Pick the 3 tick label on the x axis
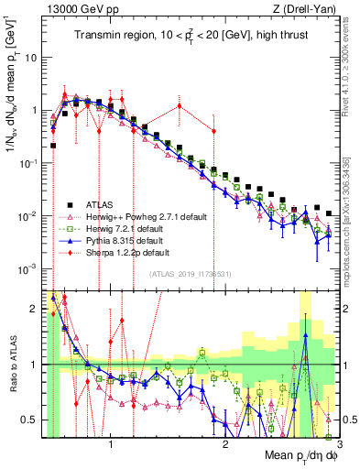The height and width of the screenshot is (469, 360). tap(339, 446)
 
